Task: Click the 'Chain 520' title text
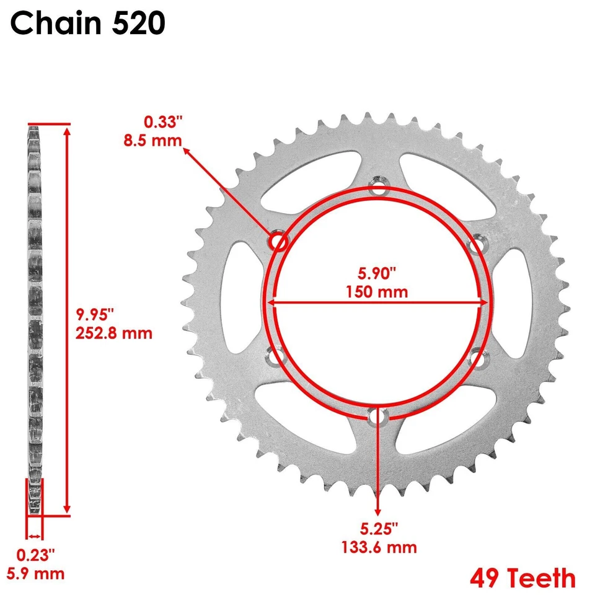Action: tap(87, 24)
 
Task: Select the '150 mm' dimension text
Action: tap(377, 291)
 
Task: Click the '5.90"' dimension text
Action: tap(377, 273)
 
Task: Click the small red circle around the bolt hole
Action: tap(277, 241)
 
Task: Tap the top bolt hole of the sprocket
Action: tap(377, 186)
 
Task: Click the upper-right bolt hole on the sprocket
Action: tap(476, 246)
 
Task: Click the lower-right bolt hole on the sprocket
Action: tap(477, 358)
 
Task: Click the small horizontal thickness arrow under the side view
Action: tap(35, 537)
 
